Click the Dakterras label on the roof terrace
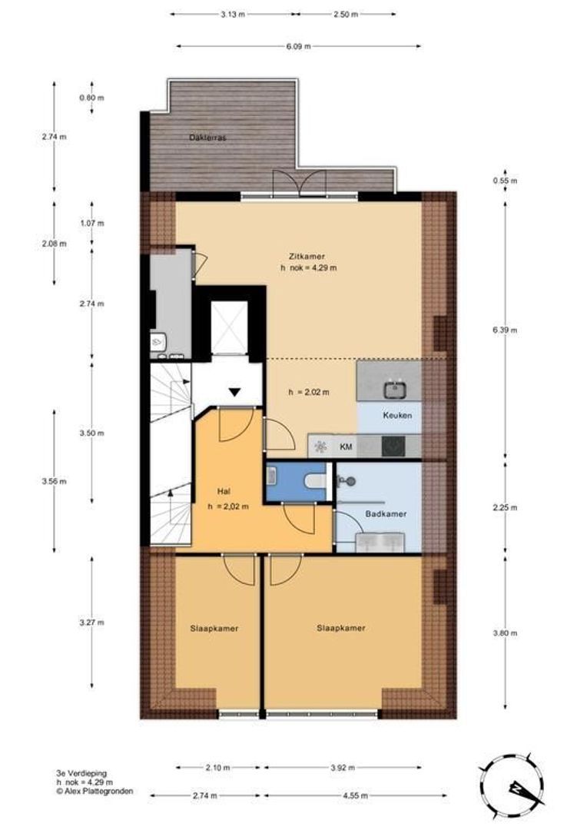(x=208, y=138)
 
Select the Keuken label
(x=397, y=416)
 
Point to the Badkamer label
(x=386, y=513)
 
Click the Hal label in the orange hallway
(x=224, y=490)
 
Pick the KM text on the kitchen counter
(x=346, y=447)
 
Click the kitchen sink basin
(x=395, y=390)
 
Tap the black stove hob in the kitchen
(x=393, y=446)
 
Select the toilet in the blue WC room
(x=316, y=481)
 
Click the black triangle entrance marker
(x=235, y=392)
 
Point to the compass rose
(x=512, y=788)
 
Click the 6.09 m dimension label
(x=299, y=47)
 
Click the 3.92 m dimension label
(x=343, y=768)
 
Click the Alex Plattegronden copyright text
(x=95, y=792)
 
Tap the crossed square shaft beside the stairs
(x=229, y=327)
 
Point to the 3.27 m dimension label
(x=91, y=622)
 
